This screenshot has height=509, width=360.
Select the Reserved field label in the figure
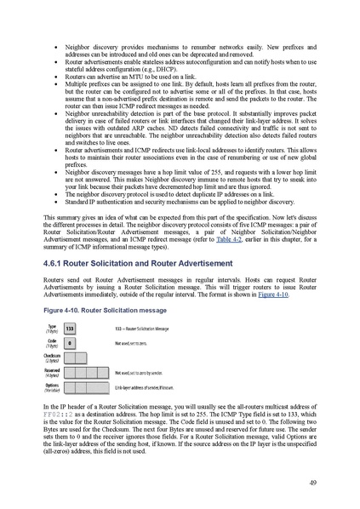pos(52,372)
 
